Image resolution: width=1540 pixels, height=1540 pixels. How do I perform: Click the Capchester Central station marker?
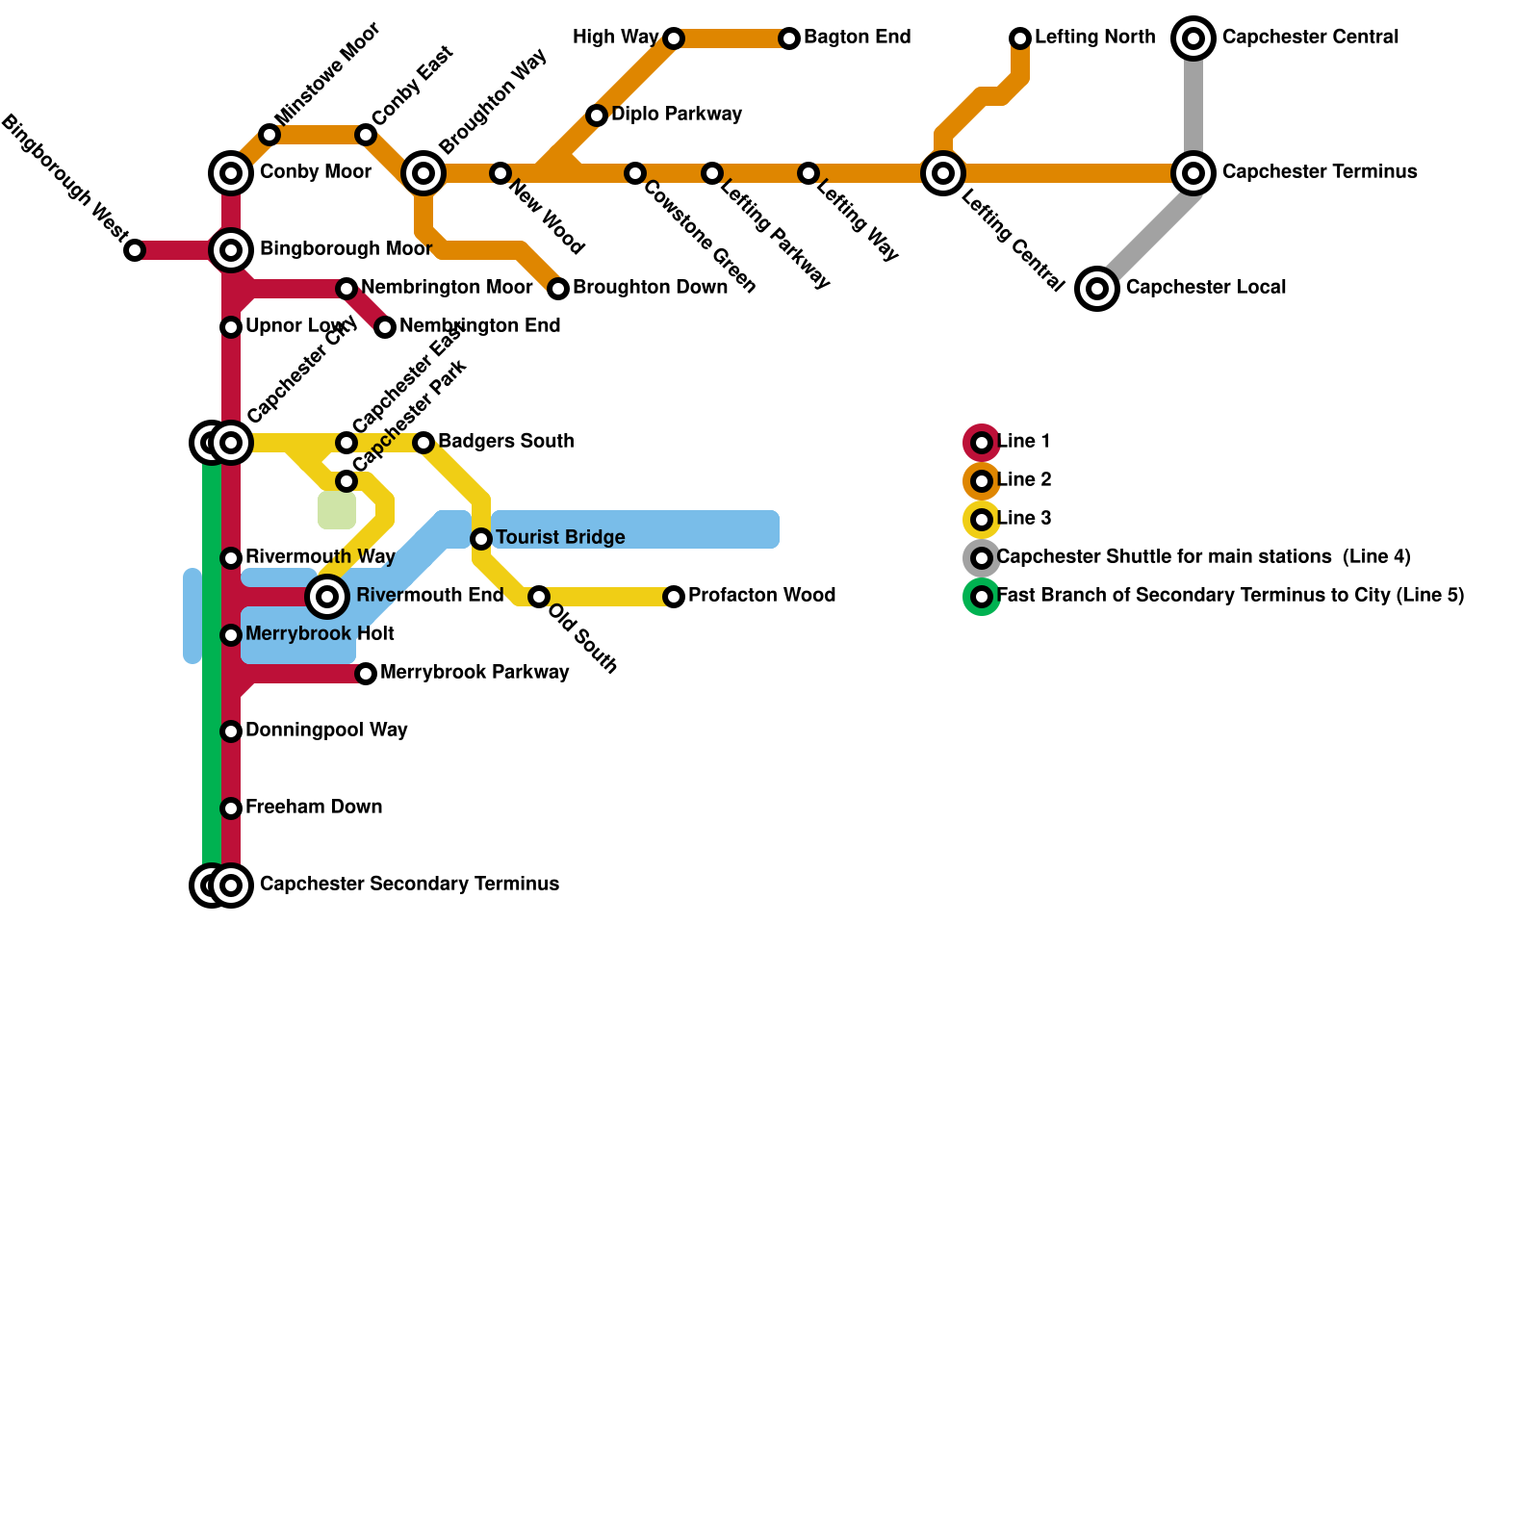1193,38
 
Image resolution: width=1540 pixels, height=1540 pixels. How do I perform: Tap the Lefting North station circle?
1020,38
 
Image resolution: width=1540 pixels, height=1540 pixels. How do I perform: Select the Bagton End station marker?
789,38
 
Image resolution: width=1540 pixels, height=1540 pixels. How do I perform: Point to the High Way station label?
615,38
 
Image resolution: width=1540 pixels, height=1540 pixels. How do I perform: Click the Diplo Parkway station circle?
597,115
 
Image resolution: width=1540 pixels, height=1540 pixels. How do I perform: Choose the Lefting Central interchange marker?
943,173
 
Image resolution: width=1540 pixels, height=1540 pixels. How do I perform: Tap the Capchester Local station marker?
1097,288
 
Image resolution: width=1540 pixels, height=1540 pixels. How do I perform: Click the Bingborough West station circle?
135,250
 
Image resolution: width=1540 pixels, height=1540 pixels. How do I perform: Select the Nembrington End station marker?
385,327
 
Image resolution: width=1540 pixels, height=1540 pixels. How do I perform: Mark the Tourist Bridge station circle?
481,539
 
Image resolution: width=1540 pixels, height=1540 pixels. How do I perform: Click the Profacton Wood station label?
761,596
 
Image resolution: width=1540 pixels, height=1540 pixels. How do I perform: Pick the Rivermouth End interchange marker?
327,597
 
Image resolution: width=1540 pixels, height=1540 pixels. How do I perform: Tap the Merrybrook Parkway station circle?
366,674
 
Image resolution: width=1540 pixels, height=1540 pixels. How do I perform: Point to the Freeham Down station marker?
231,808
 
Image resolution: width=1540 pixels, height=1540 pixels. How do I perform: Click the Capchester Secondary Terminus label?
409,885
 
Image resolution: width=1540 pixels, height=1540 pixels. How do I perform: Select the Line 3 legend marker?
982,520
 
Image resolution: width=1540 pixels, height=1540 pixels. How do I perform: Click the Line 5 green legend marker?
982,597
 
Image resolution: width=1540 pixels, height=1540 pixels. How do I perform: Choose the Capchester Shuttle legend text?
1203,557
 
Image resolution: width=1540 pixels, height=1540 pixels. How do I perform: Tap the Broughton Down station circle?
558,289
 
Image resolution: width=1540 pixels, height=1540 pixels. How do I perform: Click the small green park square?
337,510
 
